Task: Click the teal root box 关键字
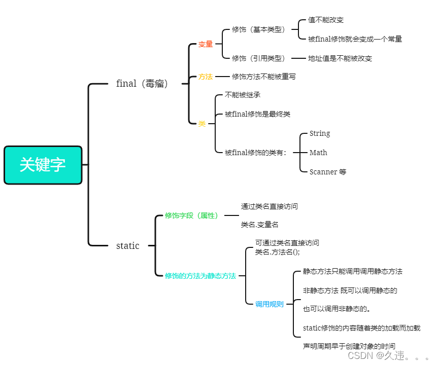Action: (43, 165)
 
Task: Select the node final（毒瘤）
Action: (142, 84)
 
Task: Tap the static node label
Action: (127, 246)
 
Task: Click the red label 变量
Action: (206, 45)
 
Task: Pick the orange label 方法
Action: (206, 77)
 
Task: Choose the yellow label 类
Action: (202, 124)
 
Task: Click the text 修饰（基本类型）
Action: (259, 29)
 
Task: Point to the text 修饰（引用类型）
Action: (259, 58)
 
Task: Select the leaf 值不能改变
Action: (326, 20)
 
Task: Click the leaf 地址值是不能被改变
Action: (340, 58)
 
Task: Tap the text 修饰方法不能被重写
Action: (264, 77)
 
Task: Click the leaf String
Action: (320, 133)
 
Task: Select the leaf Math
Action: (318, 153)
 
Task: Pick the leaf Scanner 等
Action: (328, 172)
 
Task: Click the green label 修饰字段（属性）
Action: (191, 215)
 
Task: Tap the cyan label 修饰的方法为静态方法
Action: (200, 276)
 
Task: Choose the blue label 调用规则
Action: (270, 305)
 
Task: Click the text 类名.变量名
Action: (259, 225)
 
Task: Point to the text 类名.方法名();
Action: (278, 252)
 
